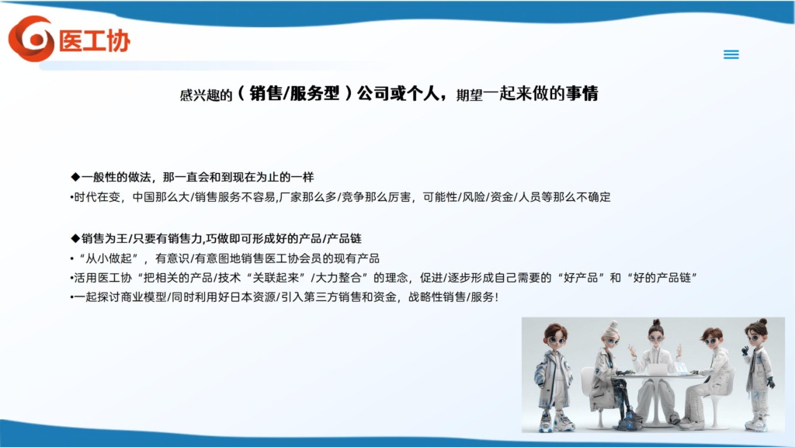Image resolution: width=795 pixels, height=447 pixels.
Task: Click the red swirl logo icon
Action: [x=31, y=39]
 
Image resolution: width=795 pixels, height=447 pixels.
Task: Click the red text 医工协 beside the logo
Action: [x=95, y=41]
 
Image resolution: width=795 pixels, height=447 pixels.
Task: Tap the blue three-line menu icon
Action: [x=731, y=54]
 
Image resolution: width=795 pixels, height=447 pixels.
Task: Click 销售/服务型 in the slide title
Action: [x=294, y=93]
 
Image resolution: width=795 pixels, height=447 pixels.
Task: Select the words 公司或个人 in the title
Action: [x=398, y=93]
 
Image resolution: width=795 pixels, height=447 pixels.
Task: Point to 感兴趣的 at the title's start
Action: [x=206, y=95]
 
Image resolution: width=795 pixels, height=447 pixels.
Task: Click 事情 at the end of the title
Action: [x=582, y=93]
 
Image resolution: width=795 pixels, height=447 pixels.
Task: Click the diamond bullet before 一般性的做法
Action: [x=75, y=177]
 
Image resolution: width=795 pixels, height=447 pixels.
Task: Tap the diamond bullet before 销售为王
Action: [x=75, y=238]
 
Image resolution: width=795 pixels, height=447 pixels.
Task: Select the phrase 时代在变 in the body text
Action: [x=97, y=197]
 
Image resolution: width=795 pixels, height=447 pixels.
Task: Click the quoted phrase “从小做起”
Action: [x=109, y=258]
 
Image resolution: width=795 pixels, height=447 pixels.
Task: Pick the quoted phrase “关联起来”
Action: [x=276, y=278]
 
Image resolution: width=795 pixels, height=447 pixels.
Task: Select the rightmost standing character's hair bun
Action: [x=762, y=322]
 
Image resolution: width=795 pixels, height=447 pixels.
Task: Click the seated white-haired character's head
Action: [x=610, y=334]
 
